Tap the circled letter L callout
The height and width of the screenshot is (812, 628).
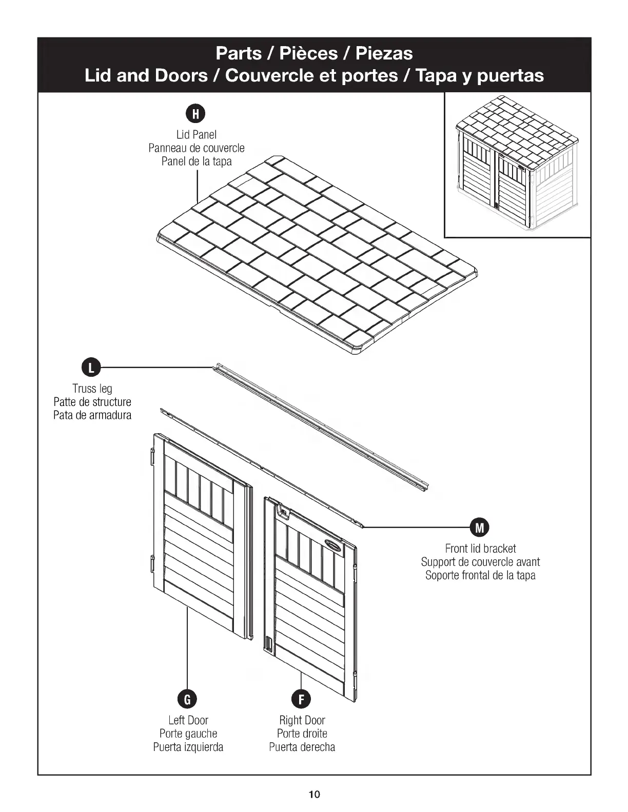[91, 368]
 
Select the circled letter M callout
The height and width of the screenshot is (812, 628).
[480, 526]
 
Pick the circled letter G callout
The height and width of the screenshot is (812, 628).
[187, 698]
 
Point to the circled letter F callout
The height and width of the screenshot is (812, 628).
[301, 698]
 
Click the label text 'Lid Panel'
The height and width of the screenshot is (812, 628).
[197, 135]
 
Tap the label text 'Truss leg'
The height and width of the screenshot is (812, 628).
[92, 389]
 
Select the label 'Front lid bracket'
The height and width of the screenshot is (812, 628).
[480, 549]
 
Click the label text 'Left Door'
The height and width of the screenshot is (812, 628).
[188, 720]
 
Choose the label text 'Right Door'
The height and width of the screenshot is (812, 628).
[302, 720]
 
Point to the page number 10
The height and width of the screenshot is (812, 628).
[314, 795]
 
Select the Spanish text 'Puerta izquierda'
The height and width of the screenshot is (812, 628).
[188, 747]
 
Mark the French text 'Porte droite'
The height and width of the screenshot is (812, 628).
[302, 734]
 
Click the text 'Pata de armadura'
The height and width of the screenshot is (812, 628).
[92, 415]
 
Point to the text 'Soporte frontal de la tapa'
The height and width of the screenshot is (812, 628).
[480, 575]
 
